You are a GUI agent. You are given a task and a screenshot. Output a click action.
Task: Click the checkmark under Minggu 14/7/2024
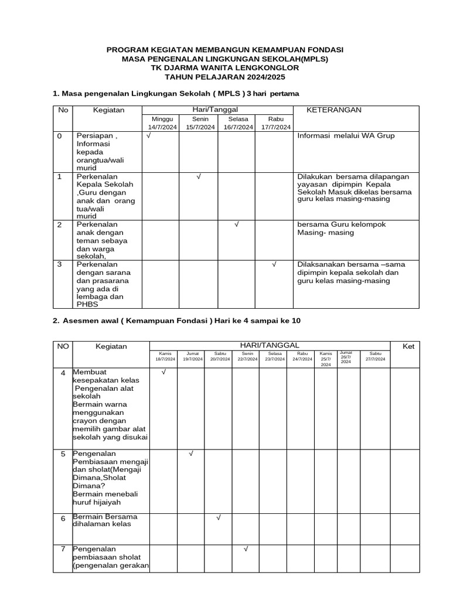pyautogui.click(x=149, y=136)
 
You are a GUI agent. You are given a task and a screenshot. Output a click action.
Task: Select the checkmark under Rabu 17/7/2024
pyautogui.click(x=274, y=264)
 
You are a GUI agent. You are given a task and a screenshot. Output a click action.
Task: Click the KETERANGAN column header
pyautogui.click(x=335, y=110)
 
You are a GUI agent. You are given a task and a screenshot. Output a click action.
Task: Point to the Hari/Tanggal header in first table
pyautogui.click(x=217, y=110)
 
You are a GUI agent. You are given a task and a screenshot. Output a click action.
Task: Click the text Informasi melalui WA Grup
pyautogui.click(x=346, y=136)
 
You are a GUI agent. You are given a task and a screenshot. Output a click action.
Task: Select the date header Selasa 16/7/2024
pyautogui.click(x=238, y=123)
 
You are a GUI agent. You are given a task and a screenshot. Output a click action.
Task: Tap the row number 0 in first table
pyautogui.click(x=59, y=136)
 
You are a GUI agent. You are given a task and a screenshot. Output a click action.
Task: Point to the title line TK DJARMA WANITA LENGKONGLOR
pyautogui.click(x=224, y=68)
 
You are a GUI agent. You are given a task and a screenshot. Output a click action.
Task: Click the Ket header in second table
pyautogui.click(x=408, y=346)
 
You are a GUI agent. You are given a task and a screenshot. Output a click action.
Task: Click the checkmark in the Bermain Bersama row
pyautogui.click(x=218, y=517)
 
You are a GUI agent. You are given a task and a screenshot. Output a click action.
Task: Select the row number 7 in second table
pyautogui.click(x=63, y=549)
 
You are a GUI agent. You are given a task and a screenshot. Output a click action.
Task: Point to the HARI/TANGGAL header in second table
pyautogui.click(x=270, y=346)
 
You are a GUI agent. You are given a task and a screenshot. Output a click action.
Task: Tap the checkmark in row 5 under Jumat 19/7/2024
pyautogui.click(x=191, y=454)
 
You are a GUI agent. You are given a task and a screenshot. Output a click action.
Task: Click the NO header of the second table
pyautogui.click(x=63, y=346)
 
